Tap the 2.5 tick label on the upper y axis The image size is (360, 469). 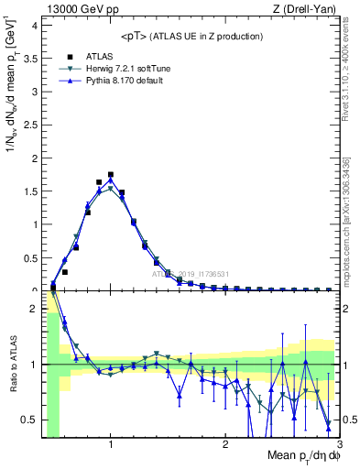pyautogui.click(x=31, y=125)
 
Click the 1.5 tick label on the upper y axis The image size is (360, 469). pyautogui.click(x=31, y=191)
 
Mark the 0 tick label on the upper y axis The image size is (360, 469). pyautogui.click(x=35, y=289)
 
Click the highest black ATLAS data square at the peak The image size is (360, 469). pyautogui.click(x=111, y=174)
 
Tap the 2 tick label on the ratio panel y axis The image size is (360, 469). pyautogui.click(x=35, y=309)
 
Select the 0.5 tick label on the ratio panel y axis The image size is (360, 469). pyautogui.click(x=31, y=420)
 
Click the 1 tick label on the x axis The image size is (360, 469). pyautogui.click(x=111, y=444)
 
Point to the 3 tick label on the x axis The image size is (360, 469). pyautogui.click(x=339, y=444)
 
